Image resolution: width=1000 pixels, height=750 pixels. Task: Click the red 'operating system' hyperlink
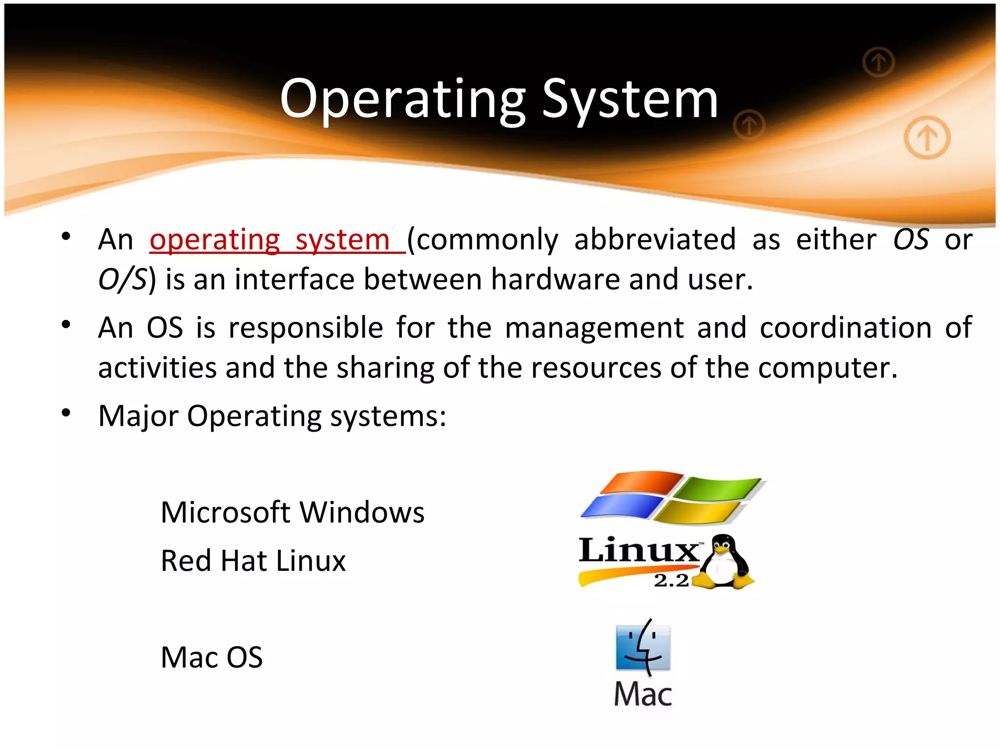click(x=276, y=240)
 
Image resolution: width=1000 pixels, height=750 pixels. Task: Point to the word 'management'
click(x=594, y=328)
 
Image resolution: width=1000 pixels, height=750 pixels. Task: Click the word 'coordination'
click(x=845, y=328)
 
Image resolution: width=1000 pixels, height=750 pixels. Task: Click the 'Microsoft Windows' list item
click(x=292, y=512)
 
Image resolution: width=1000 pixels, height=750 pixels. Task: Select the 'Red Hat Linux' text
click(x=253, y=561)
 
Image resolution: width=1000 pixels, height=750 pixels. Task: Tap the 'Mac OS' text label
click(x=211, y=657)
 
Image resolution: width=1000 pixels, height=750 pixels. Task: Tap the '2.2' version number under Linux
click(x=671, y=581)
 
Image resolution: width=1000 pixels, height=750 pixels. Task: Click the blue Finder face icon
click(x=643, y=648)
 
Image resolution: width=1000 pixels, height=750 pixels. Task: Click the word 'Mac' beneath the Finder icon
click(x=643, y=694)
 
